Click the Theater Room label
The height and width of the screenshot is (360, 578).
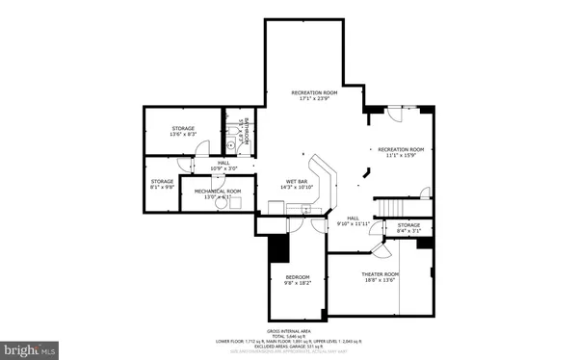click(380, 277)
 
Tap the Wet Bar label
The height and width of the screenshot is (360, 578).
click(296, 184)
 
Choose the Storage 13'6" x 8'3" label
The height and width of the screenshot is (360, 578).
click(184, 131)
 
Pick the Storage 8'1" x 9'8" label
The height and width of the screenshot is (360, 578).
click(162, 183)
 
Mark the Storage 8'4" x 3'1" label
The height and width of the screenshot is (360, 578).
click(408, 227)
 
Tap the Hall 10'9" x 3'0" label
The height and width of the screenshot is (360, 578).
click(223, 166)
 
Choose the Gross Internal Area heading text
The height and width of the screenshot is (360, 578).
click(288, 329)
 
